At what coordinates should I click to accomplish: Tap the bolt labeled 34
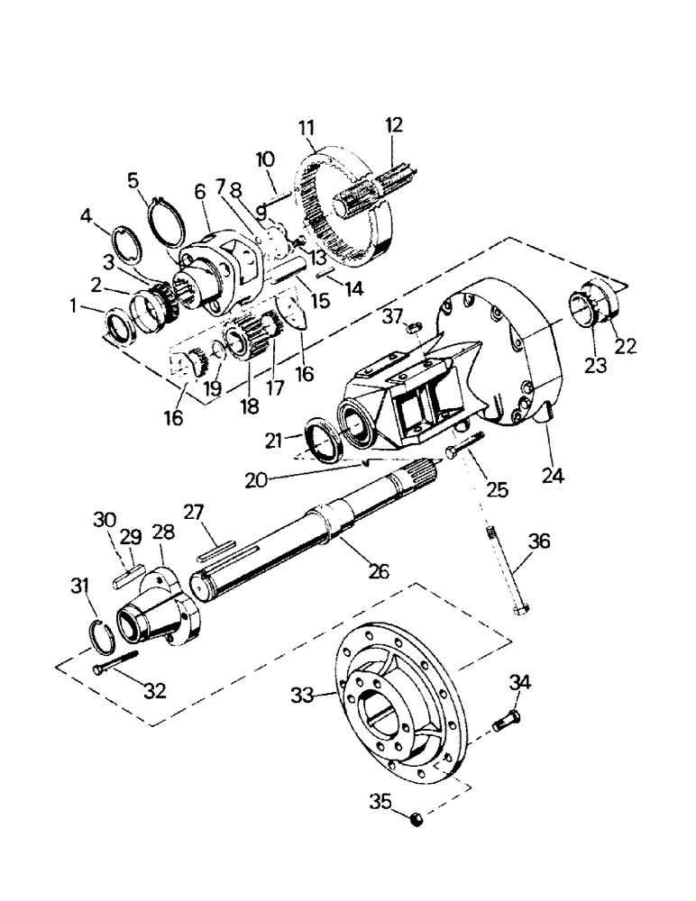[506, 722]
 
